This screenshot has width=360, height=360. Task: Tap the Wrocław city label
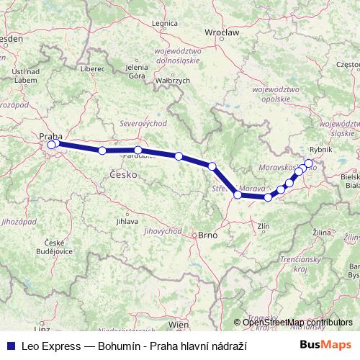tap(217, 32)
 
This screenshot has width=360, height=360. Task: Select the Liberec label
tap(93, 69)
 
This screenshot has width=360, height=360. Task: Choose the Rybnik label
tap(320, 149)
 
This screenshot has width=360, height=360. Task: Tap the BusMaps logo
tap(325, 346)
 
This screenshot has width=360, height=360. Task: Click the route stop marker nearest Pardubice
tap(138, 150)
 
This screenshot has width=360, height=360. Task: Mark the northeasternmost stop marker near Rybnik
tap(309, 163)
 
